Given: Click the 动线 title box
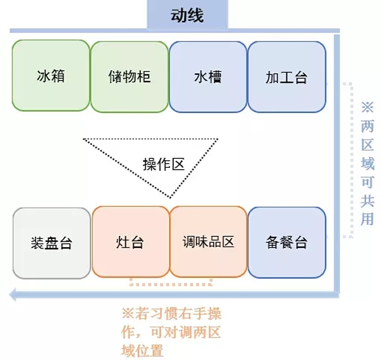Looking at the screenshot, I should tap(187, 15).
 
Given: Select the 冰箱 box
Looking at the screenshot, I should tap(51, 76).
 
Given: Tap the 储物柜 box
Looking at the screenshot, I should tap(130, 76).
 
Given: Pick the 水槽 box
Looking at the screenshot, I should tap(208, 76).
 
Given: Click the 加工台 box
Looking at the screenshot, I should tap(286, 76).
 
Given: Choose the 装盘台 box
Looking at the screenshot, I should tap(51, 242).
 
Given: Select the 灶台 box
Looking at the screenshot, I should tap(130, 242).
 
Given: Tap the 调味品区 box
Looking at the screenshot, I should tap(208, 242).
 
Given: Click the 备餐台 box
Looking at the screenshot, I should tap(286, 242).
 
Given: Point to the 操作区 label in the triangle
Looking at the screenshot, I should tap(163, 165).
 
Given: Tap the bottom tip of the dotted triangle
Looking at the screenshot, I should tap(170, 197).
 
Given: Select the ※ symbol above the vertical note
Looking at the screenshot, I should tap(367, 106).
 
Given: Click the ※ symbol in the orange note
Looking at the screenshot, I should tap(127, 313).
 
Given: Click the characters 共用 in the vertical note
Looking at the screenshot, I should tap(367, 210).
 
